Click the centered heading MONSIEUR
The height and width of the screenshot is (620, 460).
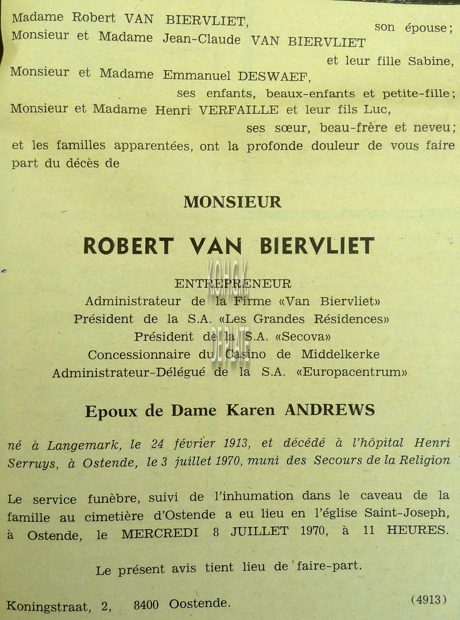pos(233,202)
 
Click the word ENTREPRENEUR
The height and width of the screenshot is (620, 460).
pos(233,284)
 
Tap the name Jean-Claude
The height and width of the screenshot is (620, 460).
pos(202,40)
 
